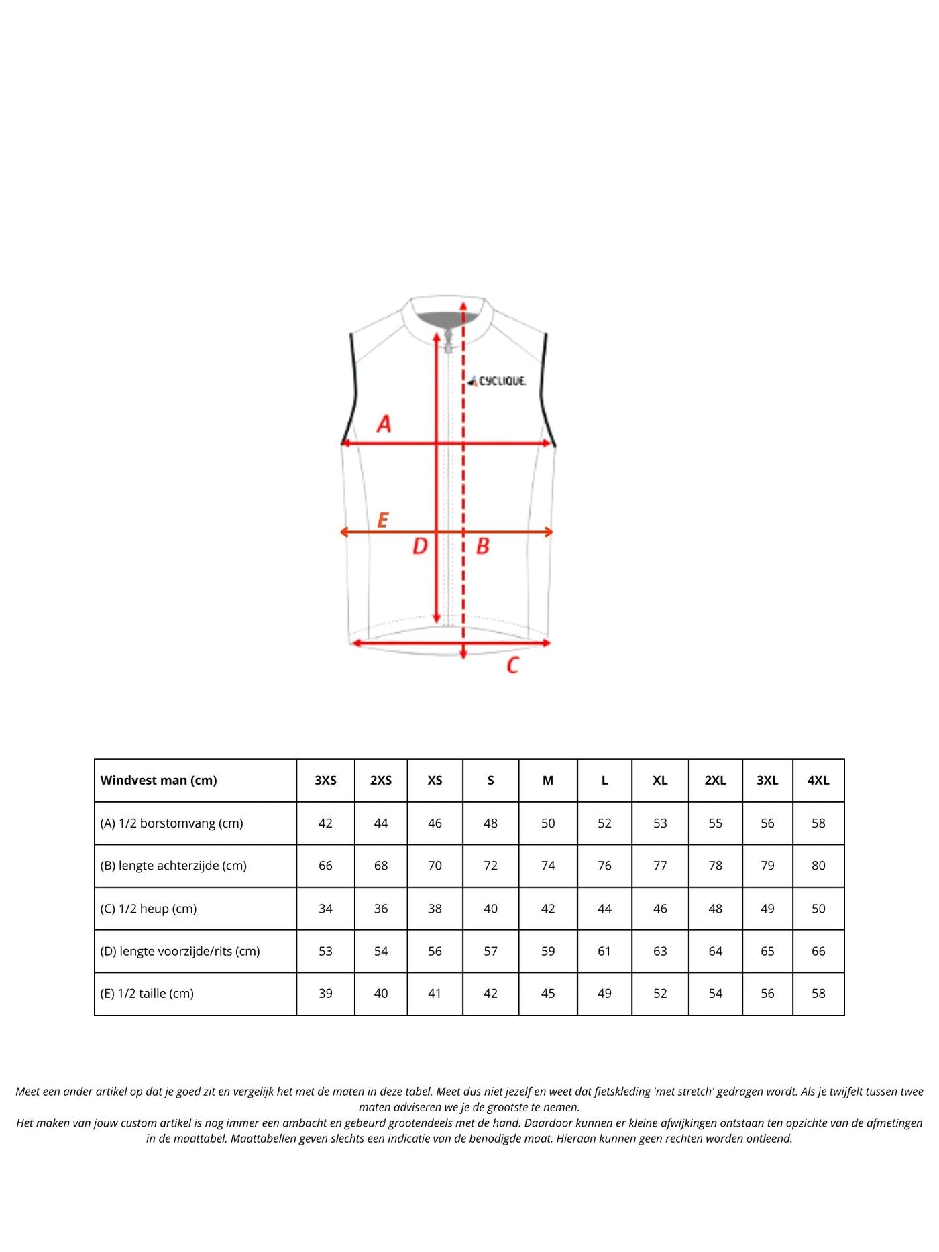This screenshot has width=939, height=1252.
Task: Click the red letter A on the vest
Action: [384, 424]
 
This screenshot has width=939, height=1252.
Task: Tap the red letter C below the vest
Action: [513, 665]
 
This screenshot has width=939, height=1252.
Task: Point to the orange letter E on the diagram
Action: [383, 520]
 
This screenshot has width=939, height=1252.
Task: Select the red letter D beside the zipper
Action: [420, 547]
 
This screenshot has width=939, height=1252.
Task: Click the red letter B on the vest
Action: [483, 547]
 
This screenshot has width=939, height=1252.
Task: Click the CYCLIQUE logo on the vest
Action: [498, 381]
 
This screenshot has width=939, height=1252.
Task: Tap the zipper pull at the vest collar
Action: [449, 339]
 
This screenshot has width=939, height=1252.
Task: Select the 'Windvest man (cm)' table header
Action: [159, 781]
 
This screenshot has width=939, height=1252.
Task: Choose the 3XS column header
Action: [326, 781]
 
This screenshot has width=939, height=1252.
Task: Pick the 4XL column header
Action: [818, 781]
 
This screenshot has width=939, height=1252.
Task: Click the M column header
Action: [548, 781]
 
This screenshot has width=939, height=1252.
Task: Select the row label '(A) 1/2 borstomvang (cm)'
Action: [172, 823]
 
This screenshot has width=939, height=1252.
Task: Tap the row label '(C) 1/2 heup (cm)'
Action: [149, 909]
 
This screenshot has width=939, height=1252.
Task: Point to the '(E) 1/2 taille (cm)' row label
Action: [148, 994]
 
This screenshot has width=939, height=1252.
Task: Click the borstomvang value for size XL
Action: [660, 823]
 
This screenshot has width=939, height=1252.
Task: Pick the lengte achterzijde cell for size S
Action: [491, 866]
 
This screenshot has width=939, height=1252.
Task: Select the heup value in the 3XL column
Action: [767, 909]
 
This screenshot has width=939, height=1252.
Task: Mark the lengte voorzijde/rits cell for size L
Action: [604, 951]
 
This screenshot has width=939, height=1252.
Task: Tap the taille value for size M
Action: [548, 994]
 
